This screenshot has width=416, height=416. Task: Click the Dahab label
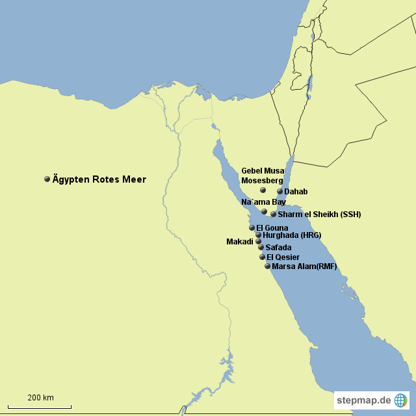(x=296, y=192)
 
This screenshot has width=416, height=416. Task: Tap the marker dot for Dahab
(x=280, y=192)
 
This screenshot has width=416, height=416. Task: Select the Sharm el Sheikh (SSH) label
(x=319, y=214)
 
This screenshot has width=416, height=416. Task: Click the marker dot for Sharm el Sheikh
(x=274, y=214)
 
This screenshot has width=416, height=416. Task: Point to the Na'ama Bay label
(x=263, y=202)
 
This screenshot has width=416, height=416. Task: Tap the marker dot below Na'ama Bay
(x=265, y=211)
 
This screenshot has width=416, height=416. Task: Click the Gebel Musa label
(x=263, y=170)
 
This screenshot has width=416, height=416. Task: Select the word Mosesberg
(x=263, y=180)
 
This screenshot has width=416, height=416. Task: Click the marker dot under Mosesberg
(x=263, y=190)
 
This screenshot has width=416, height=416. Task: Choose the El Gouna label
(x=272, y=227)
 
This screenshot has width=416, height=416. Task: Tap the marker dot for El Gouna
(x=252, y=227)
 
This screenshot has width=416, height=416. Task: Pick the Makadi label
(x=239, y=242)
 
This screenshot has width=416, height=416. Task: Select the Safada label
(x=278, y=248)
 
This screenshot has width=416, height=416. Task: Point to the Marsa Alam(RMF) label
(x=304, y=266)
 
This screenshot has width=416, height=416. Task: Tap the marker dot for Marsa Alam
(x=267, y=266)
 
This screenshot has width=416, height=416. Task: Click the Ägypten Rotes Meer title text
(x=99, y=179)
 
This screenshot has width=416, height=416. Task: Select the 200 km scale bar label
(x=40, y=397)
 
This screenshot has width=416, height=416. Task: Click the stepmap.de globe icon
(x=401, y=400)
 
